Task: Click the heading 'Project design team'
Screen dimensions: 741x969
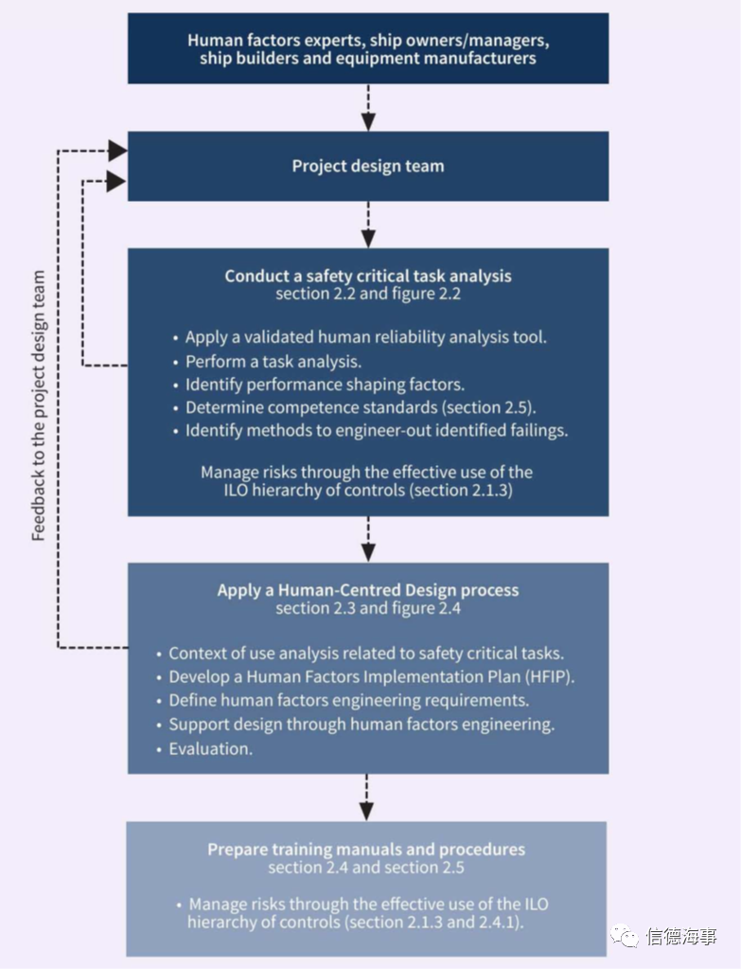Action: click(x=368, y=167)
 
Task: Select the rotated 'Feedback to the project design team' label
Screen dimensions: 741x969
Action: click(x=38, y=406)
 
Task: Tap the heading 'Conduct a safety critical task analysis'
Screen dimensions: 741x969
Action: click(x=368, y=276)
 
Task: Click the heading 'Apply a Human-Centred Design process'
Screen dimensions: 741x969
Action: click(x=368, y=589)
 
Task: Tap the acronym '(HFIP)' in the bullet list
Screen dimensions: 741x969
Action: click(x=550, y=676)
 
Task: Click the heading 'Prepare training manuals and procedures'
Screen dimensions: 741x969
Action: click(x=366, y=849)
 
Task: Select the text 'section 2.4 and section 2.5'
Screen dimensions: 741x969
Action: click(x=366, y=867)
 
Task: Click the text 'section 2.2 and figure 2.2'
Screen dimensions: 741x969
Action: click(x=368, y=294)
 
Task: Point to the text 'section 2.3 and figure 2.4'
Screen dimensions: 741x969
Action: click(x=368, y=608)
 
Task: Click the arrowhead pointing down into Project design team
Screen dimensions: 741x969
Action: click(x=368, y=122)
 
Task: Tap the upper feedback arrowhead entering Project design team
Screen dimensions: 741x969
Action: click(x=117, y=151)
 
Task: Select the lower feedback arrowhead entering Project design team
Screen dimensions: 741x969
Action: click(x=116, y=182)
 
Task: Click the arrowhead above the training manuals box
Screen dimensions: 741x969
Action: click(x=367, y=812)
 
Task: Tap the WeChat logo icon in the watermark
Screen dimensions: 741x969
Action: click(x=625, y=936)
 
